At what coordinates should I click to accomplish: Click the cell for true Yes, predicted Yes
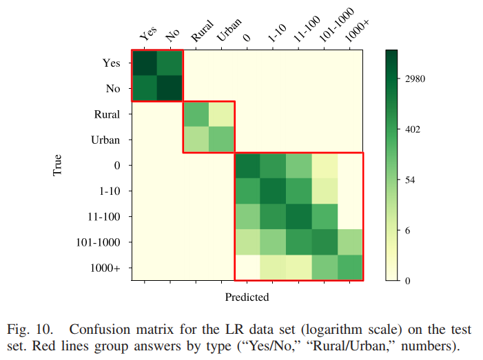pyautogui.click(x=145, y=63)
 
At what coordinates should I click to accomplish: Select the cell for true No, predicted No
pyautogui.click(x=170, y=89)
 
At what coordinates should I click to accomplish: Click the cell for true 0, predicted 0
pyautogui.click(x=247, y=165)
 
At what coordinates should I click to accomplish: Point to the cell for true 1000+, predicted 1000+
pyautogui.click(x=350, y=268)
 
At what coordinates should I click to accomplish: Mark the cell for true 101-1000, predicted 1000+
pyautogui.click(x=350, y=242)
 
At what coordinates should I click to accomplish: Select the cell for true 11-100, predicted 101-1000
pyautogui.click(x=325, y=217)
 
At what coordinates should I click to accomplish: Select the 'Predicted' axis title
pyautogui.click(x=247, y=297)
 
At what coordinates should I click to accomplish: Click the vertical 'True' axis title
pyautogui.click(x=58, y=165)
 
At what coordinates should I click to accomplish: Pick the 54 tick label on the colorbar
pyautogui.click(x=412, y=180)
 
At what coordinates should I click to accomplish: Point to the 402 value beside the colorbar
pyautogui.click(x=413, y=129)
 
